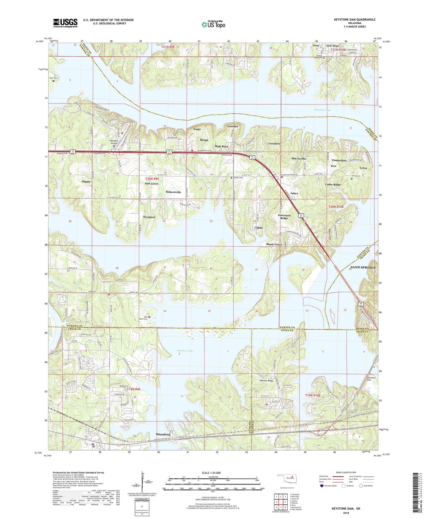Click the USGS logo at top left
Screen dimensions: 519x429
65,23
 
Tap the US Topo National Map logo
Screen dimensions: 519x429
213,24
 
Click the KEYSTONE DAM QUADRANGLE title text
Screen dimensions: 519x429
354,20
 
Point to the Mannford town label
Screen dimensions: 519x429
163,434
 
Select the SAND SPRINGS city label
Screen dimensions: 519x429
363,268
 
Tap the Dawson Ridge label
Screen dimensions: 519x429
266,380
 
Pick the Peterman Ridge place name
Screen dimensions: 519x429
284,217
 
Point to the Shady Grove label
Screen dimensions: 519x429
274,244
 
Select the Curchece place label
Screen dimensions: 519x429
274,144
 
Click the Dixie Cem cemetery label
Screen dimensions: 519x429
54,78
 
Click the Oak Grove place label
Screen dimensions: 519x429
152,184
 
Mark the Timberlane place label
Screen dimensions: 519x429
339,160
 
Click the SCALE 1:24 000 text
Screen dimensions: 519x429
211,473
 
